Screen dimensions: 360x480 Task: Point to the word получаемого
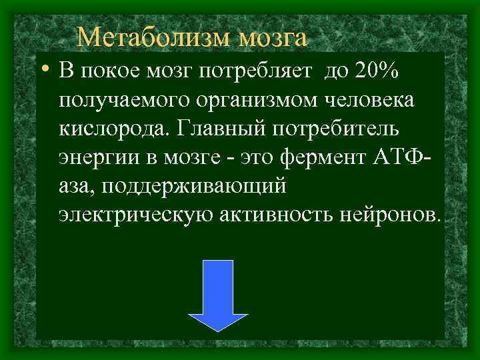(x=123, y=101)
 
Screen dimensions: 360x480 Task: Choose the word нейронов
(x=396, y=216)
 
